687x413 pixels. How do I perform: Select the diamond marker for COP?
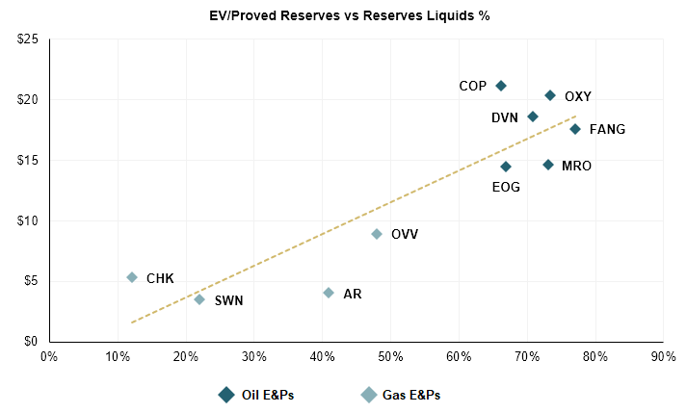click(x=501, y=86)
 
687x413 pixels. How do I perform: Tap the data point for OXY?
click(x=550, y=95)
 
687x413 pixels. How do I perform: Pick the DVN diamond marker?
click(x=533, y=116)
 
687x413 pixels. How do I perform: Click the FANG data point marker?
click(x=575, y=129)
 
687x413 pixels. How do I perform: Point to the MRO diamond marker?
click(x=548, y=165)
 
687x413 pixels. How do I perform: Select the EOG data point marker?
click(x=506, y=167)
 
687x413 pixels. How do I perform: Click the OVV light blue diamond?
click(x=377, y=234)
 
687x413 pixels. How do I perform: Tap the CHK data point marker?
click(x=132, y=277)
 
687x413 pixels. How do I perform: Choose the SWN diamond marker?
click(x=199, y=299)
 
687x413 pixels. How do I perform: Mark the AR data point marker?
click(x=329, y=293)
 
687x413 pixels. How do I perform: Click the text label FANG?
click(x=607, y=129)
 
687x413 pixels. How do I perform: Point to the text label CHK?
click(x=160, y=278)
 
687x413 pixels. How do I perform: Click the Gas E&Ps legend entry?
click(x=401, y=395)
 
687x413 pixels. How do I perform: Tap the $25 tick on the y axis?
click(x=26, y=39)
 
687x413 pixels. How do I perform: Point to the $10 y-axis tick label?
click(x=26, y=220)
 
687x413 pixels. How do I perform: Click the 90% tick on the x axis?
click(x=663, y=355)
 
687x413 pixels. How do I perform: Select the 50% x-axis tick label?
click(x=390, y=355)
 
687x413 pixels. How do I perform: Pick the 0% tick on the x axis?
click(x=49, y=355)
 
